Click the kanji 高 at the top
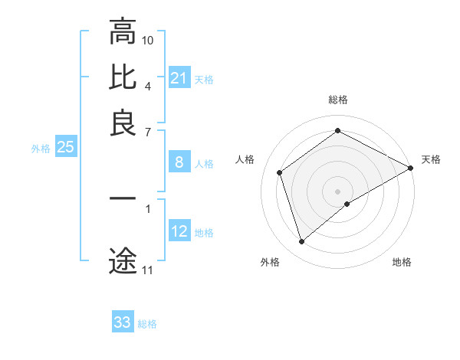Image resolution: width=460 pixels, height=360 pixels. pyautogui.click(x=123, y=33)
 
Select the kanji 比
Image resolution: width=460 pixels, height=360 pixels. pyautogui.click(x=123, y=77)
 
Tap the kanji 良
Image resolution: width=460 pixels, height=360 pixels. pyautogui.click(x=123, y=122)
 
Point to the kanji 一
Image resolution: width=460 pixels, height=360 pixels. pyautogui.click(x=123, y=200)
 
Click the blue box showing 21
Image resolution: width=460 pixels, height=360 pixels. pyautogui.click(x=179, y=78)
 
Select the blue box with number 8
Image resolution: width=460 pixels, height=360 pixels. pyautogui.click(x=179, y=162)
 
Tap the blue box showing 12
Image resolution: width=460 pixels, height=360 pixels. pyautogui.click(x=179, y=231)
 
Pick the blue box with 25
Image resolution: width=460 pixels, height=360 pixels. pyautogui.click(x=65, y=148)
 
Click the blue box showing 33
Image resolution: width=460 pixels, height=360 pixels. pyautogui.click(x=122, y=322)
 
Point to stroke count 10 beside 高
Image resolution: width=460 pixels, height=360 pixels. pyautogui.click(x=148, y=39)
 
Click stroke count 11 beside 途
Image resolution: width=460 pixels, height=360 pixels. pyautogui.click(x=147, y=270)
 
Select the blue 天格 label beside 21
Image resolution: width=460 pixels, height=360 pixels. pyautogui.click(x=204, y=80)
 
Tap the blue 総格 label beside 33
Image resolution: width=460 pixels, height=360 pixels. pyautogui.click(x=147, y=324)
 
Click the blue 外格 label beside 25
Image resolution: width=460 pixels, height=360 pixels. pyautogui.click(x=40, y=149)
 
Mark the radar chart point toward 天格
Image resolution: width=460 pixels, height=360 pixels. pyautogui.click(x=411, y=169)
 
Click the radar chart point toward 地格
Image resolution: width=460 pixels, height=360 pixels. pyautogui.click(x=347, y=204)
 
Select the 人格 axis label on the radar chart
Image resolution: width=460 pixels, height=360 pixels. pyautogui.click(x=245, y=159)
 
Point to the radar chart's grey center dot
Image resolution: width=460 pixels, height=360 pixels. pyautogui.click(x=337, y=191)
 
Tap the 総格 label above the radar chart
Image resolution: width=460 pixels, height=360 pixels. pyautogui.click(x=338, y=100)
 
